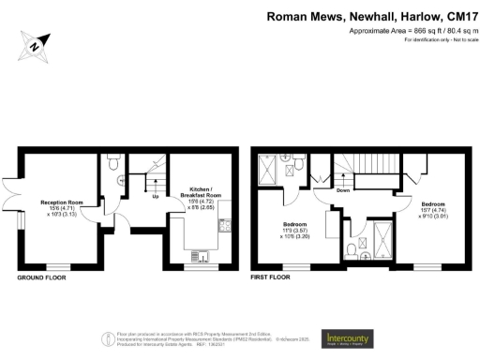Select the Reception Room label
(x=58, y=202)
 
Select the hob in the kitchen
(x=225, y=225)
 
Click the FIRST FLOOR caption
(x=270, y=278)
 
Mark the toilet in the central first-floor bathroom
(x=349, y=248)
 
